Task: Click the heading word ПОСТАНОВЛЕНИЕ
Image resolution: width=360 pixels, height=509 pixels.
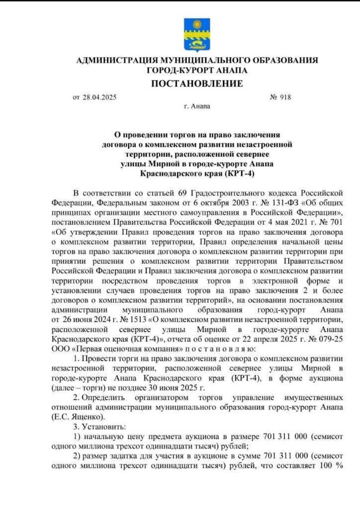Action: (x=197, y=83)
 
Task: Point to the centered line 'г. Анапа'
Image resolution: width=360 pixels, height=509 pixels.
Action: (x=197, y=106)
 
